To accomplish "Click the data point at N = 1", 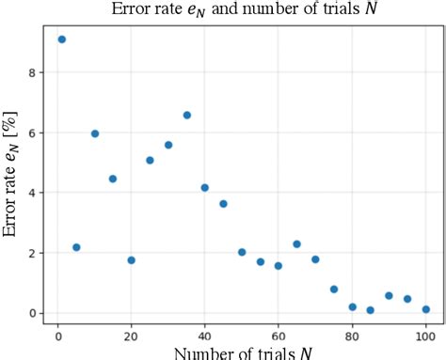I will click(62, 39).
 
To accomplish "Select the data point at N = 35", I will click(187, 116).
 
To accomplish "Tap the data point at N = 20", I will click(132, 260).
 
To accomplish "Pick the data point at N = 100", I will click(426, 309).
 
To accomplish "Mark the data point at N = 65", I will click(297, 244).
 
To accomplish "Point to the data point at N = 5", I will click(76, 247).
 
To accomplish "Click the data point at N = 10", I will click(95, 133).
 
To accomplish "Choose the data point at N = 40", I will click(205, 188).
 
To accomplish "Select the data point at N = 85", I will click(371, 310).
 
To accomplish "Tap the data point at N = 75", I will click(334, 290).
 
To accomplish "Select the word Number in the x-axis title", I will click(187, 352).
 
